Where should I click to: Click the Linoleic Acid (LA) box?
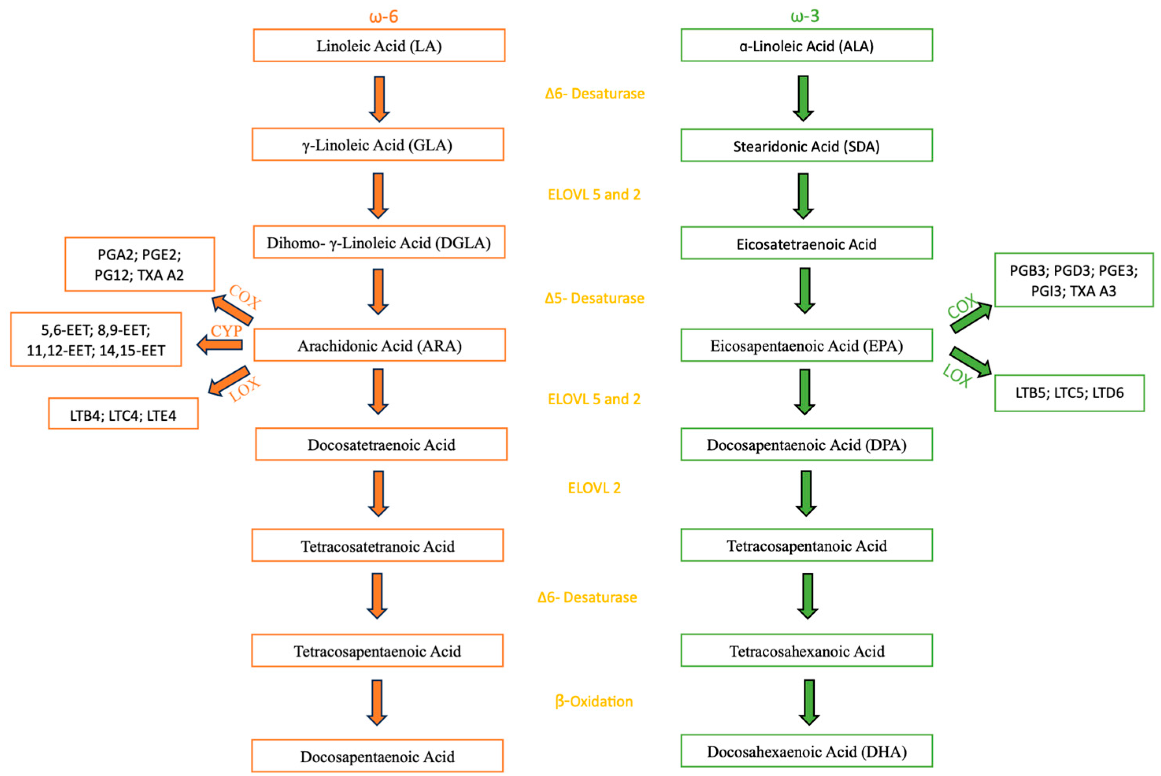[x=379, y=46]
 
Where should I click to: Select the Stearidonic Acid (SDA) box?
[x=806, y=146]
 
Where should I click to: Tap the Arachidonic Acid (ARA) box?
[x=379, y=345]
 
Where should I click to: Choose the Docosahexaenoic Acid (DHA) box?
[x=806, y=751]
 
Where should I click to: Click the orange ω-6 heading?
[x=383, y=16]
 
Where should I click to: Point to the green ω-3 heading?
[x=805, y=16]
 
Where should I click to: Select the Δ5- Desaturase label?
[x=594, y=298]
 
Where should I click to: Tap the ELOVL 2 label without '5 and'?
[x=594, y=488]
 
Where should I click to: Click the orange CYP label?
[x=226, y=331]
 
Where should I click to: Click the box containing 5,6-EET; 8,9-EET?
[x=96, y=339]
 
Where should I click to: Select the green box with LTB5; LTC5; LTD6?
[x=1069, y=393]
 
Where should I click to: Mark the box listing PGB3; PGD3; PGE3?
[x=1074, y=280]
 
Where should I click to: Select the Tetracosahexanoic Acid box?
[x=806, y=650]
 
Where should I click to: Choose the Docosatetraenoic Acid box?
[x=381, y=444]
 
